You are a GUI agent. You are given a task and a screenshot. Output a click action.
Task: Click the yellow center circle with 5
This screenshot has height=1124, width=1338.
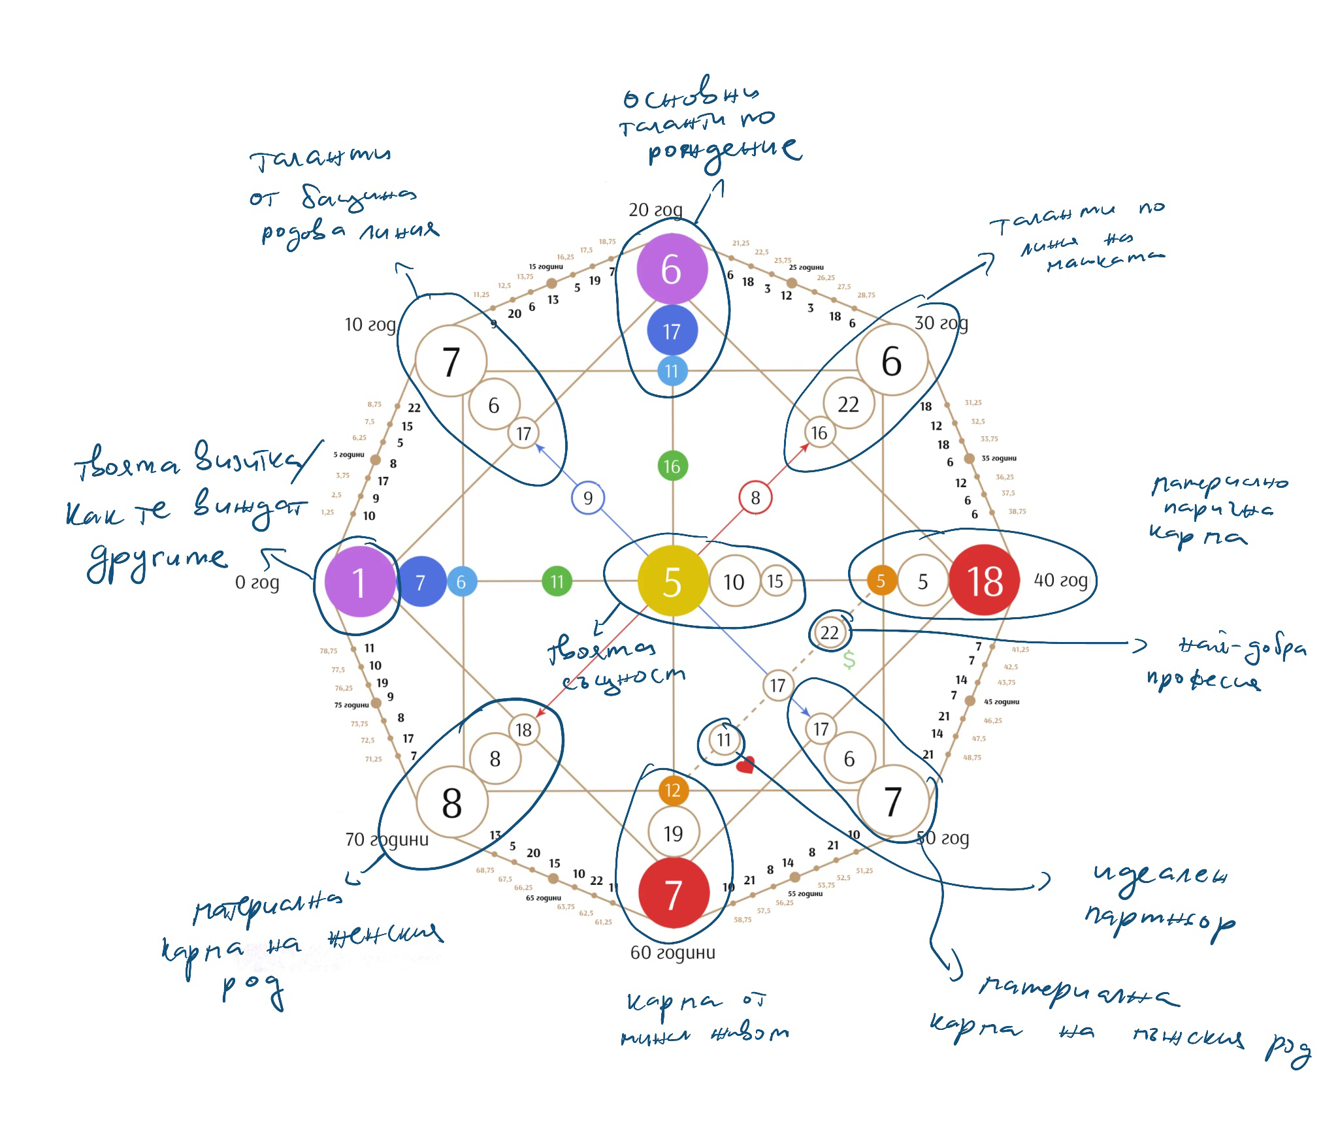672,581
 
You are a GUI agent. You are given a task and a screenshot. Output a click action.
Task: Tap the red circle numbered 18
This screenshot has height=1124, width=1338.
984,580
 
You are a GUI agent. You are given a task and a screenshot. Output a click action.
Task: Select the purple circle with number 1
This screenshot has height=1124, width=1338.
360,581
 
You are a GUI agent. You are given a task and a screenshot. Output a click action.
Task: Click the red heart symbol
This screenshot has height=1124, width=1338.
745,764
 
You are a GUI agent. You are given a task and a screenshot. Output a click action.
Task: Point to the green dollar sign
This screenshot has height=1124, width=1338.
849,660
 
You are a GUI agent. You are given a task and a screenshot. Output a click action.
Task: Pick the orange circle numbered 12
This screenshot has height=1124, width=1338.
673,790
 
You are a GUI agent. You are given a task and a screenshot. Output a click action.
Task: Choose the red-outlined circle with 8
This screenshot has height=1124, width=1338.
755,498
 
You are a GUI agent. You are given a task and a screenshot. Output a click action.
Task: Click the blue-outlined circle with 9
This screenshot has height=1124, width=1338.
588,498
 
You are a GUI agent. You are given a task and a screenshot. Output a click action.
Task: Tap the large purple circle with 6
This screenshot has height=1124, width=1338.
672,269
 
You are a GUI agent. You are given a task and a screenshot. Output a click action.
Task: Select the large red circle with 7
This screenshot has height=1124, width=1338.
674,893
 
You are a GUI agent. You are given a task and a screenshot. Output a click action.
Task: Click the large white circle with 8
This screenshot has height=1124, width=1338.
452,802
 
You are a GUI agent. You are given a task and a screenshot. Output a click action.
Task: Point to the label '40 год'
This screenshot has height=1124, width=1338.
1060,580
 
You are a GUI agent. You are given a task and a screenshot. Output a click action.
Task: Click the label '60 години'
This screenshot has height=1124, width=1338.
672,952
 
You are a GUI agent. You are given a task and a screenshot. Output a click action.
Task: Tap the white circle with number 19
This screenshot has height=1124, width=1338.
674,833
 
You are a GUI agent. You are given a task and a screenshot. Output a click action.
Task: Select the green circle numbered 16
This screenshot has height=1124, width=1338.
672,466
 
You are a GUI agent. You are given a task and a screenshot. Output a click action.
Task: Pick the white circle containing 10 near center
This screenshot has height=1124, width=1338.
734,581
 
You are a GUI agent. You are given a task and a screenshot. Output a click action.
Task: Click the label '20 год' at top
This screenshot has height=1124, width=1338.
655,210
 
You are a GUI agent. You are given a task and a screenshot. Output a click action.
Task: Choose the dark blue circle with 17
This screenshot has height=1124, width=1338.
672,331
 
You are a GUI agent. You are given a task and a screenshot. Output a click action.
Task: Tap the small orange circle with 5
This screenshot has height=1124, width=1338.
881,580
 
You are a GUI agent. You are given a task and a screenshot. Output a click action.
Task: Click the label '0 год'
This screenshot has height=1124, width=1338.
257,582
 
